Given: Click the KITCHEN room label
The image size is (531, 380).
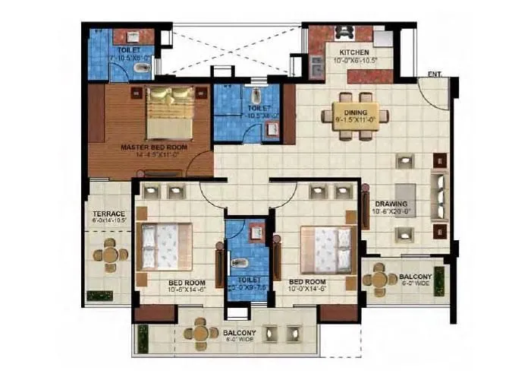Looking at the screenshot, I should tap(348, 52).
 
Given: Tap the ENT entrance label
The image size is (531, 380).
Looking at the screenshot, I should tap(434, 73).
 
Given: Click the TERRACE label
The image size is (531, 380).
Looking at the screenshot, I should tap(109, 214).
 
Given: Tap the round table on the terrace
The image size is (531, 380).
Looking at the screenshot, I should tap(111, 253).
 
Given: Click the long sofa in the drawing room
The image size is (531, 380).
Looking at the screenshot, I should tap(438, 195).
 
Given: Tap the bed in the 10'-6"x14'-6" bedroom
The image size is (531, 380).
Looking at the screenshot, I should tap(161, 246).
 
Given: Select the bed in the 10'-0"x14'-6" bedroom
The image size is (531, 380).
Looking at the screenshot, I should tap(325, 249).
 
